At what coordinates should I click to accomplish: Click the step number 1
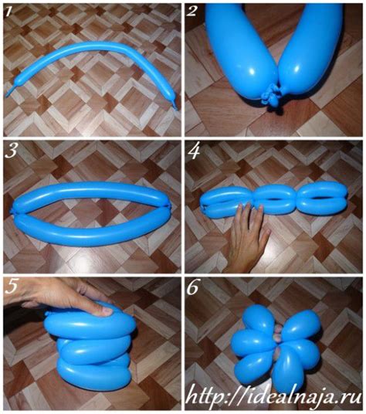tap(8, 12)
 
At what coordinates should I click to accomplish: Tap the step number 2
tap(191, 12)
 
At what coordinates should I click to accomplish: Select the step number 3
tap(11, 151)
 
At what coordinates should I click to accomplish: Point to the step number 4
tap(195, 152)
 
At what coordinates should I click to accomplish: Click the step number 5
tap(11, 287)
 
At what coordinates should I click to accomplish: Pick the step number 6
tap(192, 288)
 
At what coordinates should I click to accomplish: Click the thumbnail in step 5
tap(107, 310)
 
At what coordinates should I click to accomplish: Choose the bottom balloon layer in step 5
tap(93, 371)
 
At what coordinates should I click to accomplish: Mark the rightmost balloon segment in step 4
tap(324, 198)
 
